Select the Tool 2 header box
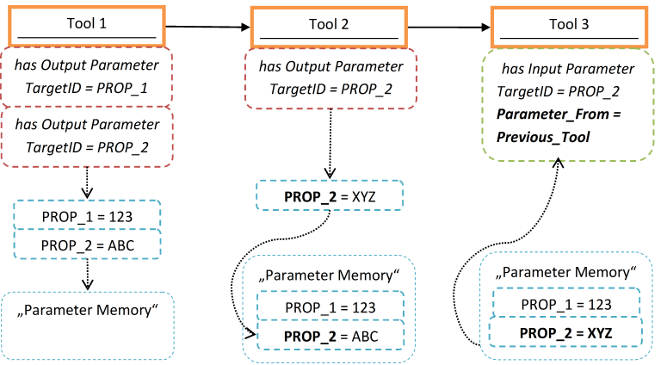327,26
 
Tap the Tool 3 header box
568,26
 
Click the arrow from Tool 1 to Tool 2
207,26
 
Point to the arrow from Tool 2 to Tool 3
448,26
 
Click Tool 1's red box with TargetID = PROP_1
86,77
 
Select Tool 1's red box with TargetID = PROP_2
86,136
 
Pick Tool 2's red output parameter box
331,77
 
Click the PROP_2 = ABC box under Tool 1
86,244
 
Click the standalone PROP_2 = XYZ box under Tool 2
331,196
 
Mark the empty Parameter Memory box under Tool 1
88,325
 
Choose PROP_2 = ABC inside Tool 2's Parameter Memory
331,336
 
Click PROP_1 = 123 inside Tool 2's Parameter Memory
331,306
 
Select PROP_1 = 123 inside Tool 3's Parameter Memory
565,304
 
